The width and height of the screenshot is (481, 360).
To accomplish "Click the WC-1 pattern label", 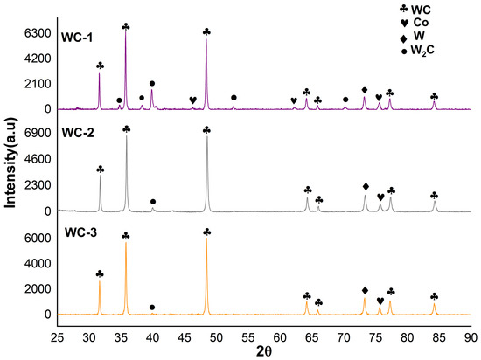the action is [x=77, y=38].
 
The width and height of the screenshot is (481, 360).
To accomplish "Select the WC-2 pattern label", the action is [x=78, y=133].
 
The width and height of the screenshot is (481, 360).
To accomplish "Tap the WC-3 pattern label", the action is [x=80, y=232].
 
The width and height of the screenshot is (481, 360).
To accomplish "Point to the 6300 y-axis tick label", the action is [x=38, y=33].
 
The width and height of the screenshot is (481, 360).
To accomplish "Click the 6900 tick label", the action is [x=38, y=133].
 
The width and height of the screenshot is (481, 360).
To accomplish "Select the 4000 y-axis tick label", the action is [x=38, y=264].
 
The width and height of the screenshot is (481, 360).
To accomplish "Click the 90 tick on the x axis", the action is [x=471, y=337].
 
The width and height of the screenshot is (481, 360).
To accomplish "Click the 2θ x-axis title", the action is [x=264, y=352].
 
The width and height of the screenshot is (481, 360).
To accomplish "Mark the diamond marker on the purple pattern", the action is [x=365, y=90].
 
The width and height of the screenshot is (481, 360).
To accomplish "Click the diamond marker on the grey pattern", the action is [x=366, y=186].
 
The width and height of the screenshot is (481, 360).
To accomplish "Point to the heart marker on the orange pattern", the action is [x=380, y=301].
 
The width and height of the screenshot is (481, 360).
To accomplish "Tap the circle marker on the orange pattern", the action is [x=152, y=308].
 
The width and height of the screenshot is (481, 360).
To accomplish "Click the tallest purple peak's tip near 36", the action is [x=125, y=32].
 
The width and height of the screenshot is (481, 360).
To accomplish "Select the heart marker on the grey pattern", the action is [x=380, y=197].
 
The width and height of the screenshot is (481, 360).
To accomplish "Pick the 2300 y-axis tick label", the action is [x=38, y=185].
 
